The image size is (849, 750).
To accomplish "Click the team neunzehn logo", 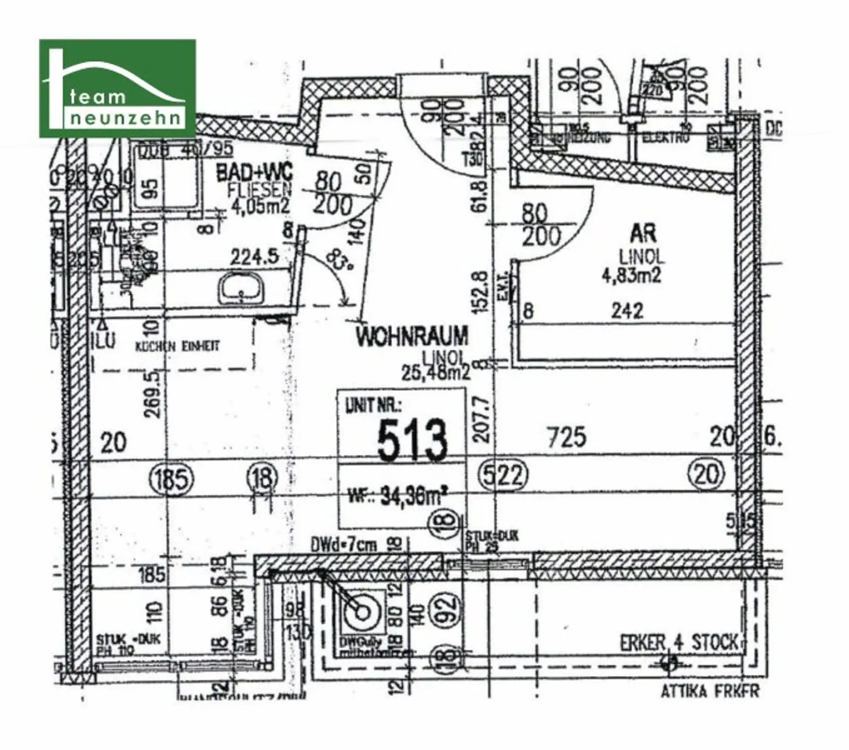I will coord(117,88).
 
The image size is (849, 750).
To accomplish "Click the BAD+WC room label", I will coord(254,172).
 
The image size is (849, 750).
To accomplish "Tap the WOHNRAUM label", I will coord(412,337).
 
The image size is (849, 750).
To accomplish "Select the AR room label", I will coord(643,234).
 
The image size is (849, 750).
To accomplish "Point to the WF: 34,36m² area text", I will coord(397,496).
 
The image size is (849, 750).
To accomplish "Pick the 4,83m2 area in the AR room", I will coord(631,275).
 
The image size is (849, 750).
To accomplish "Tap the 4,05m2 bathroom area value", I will coord(259,206).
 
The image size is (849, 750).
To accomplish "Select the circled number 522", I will coord(502,475).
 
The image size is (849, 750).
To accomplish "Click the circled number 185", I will coord(171,478).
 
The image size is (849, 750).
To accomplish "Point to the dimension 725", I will coord(567,438).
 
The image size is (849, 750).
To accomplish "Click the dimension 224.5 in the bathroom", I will coord(254,257).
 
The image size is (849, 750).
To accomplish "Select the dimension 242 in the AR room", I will coord(627,311).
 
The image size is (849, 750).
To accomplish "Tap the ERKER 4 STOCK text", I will coord(679,643).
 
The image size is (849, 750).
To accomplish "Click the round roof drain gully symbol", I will coord(363,612).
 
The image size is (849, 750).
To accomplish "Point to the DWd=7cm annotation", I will coord(343,546).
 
